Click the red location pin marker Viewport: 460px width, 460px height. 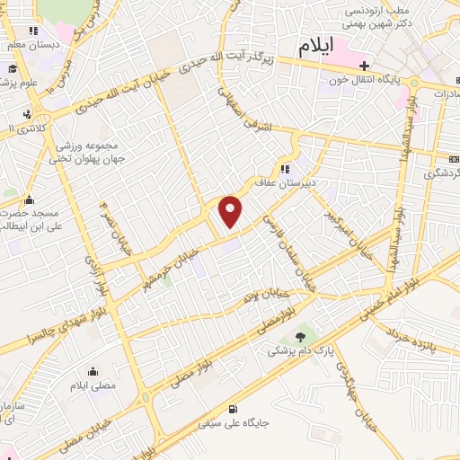coord(231,211)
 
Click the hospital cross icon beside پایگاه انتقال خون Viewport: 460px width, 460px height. coord(364,66)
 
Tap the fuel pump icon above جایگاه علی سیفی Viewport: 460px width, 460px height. coord(234,406)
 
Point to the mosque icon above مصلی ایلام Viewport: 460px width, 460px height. coord(93,371)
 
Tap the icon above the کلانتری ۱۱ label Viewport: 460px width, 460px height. coord(28,114)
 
